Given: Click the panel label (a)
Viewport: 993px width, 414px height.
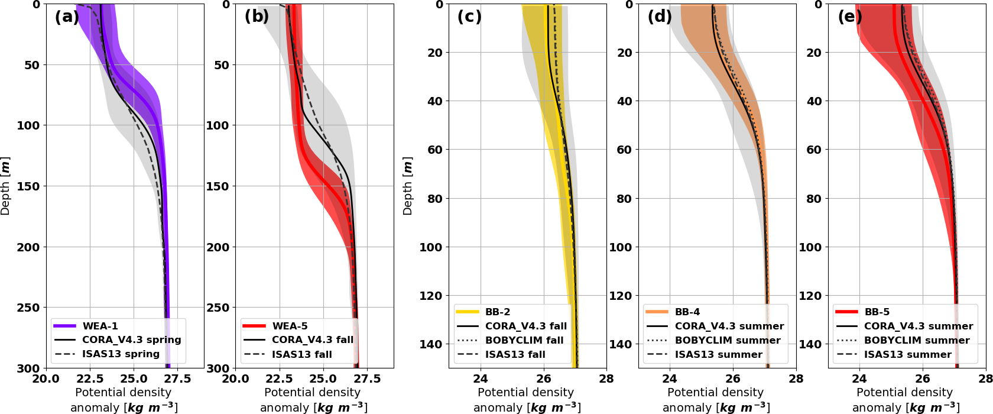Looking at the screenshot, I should coord(67,17).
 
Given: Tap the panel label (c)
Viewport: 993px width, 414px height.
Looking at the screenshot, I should coord(469,17).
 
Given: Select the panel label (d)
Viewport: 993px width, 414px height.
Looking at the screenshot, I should coord(660,17).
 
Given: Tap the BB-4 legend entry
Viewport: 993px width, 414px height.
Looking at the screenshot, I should coord(687,312).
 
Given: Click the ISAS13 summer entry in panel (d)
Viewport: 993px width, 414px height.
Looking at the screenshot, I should coord(718,354).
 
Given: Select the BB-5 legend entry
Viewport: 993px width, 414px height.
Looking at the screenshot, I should coord(877,312).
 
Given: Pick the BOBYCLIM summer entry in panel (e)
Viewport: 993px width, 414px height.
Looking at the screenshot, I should coord(917,340).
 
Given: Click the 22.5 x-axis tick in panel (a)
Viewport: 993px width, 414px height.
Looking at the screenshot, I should coord(90,379).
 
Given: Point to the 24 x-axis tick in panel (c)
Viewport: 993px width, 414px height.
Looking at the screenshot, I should coord(481,379).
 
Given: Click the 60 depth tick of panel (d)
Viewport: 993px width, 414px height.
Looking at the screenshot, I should coord(624,150).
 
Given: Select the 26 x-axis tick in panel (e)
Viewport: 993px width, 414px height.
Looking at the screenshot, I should coord(923,379).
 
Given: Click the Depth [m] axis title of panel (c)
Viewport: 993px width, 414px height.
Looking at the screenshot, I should coord(407,186).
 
